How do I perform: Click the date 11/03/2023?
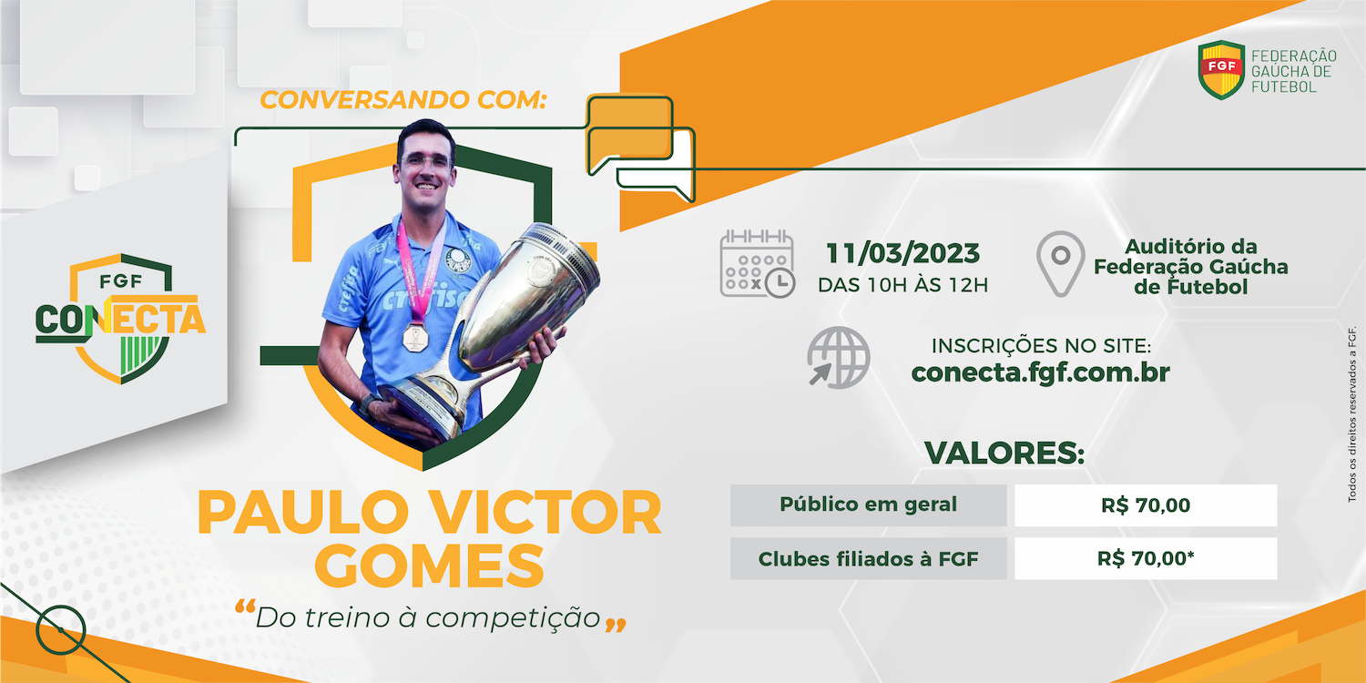902,254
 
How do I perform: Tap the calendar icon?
758,264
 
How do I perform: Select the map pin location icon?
1061,263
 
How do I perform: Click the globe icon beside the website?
839,357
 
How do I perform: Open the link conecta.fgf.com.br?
1040,372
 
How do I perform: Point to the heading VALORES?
1004,454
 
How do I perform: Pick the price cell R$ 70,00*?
1146,558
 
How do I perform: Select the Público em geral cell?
869,505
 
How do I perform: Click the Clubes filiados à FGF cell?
869,558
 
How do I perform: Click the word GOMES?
429,566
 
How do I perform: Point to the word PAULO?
302,512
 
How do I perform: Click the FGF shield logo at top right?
1221,69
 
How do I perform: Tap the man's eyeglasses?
425,162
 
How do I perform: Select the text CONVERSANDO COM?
403,100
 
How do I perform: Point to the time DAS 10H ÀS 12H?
902,285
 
